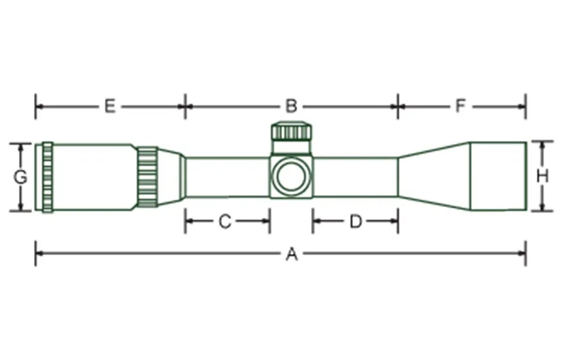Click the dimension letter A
292,255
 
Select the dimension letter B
292,106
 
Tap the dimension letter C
225,221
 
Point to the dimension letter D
355,221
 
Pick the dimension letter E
110,106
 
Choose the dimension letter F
461,106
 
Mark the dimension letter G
20,177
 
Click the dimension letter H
542,176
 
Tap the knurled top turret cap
292,131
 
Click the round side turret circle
292,176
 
